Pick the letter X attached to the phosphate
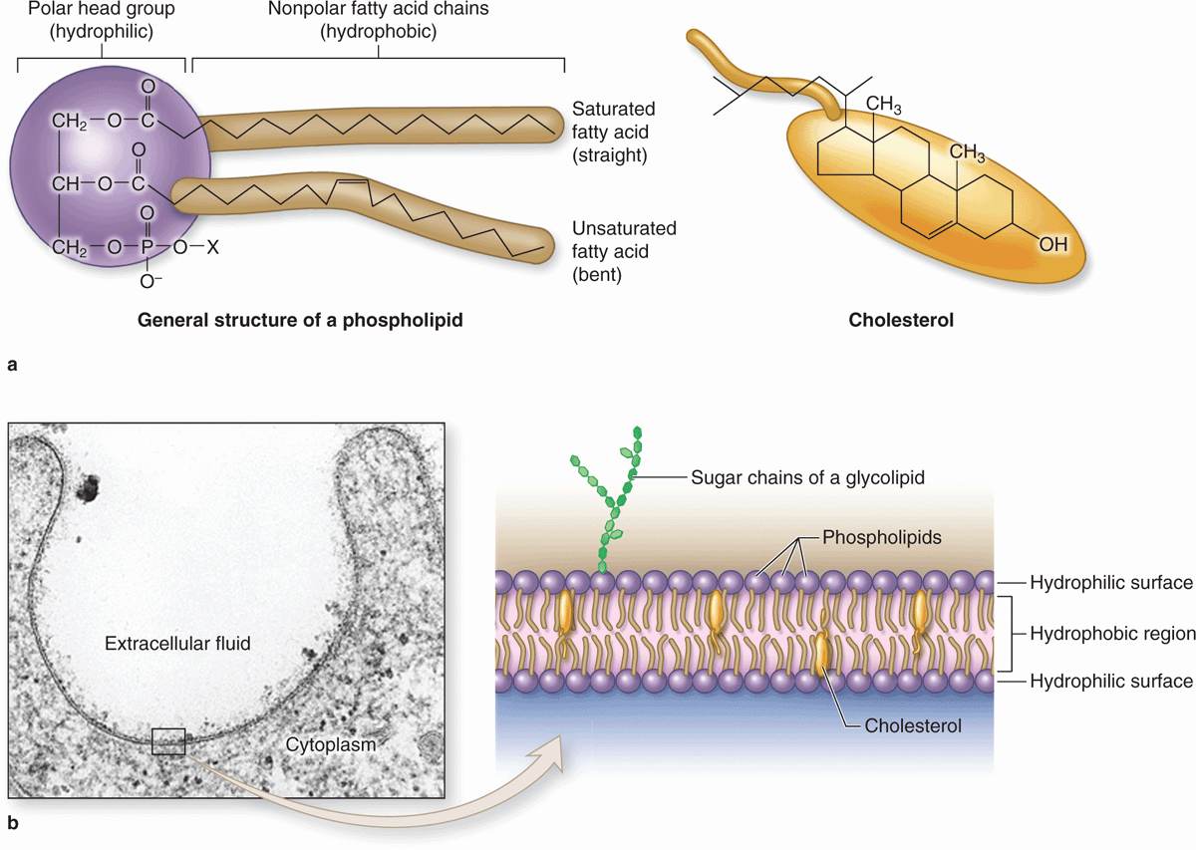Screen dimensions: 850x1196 click(x=210, y=246)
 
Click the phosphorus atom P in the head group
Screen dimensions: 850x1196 click(x=148, y=246)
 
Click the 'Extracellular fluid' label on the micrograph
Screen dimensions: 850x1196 click(x=176, y=644)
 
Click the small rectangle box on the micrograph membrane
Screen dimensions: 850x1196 click(x=167, y=741)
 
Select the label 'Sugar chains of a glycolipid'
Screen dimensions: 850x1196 click(x=807, y=477)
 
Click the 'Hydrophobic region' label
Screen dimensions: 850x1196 click(x=1111, y=633)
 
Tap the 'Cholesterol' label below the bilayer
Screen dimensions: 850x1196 click(x=913, y=726)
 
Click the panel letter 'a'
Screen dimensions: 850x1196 click(x=11, y=365)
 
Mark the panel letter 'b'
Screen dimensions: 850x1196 click(x=12, y=824)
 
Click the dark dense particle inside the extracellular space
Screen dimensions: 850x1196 click(x=89, y=487)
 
